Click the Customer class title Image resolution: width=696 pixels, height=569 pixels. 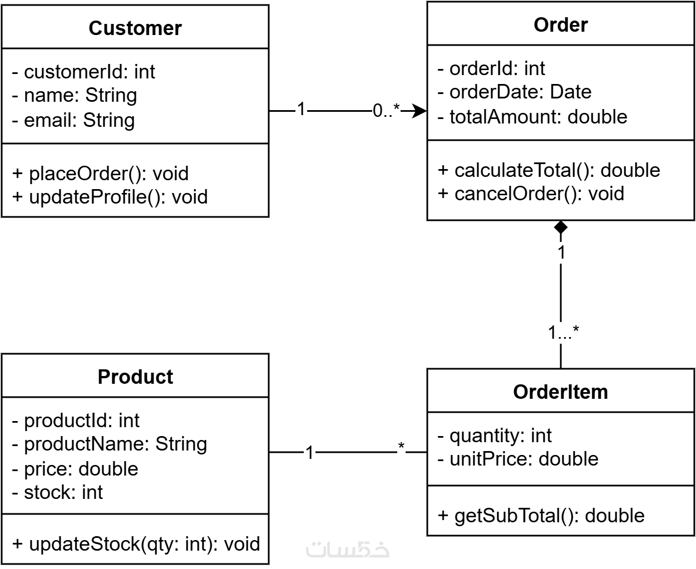click(x=135, y=28)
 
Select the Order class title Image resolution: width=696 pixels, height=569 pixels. click(x=561, y=24)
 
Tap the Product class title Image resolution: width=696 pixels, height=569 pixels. click(x=135, y=377)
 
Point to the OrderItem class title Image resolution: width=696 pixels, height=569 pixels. click(x=560, y=392)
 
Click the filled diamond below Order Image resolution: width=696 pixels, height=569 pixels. click(x=561, y=227)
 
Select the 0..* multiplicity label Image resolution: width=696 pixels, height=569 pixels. click(x=387, y=111)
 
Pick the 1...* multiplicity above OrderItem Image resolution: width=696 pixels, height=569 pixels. click(x=564, y=332)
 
